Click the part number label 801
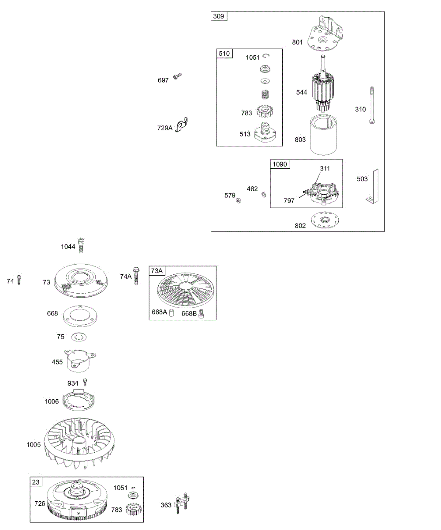point(297,42)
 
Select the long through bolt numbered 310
point(372,105)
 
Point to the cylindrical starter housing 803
point(323,135)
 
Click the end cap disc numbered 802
point(325,220)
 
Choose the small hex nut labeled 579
point(238,201)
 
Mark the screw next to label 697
point(177,76)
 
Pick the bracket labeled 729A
point(182,125)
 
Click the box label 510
point(224,53)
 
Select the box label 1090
point(280,164)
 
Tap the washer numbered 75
point(79,337)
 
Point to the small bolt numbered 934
point(85,382)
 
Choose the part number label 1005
point(34,444)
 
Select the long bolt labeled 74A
point(136,276)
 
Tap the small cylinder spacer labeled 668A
point(172,312)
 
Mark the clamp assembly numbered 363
point(182,503)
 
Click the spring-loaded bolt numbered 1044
point(81,246)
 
